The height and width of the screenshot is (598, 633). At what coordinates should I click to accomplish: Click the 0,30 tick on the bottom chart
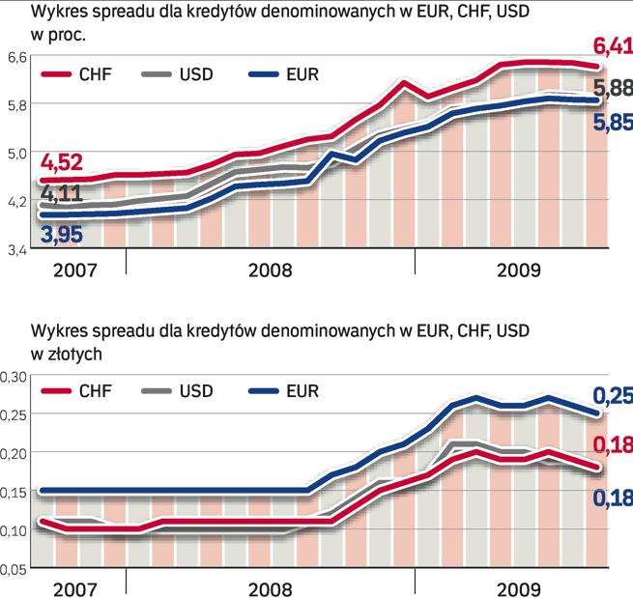click(13, 378)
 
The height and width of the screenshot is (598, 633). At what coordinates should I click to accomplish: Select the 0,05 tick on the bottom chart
click(13, 570)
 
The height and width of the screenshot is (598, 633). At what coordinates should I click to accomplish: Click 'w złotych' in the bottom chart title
click(67, 354)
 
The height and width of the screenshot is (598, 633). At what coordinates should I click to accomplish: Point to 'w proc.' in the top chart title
click(59, 34)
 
